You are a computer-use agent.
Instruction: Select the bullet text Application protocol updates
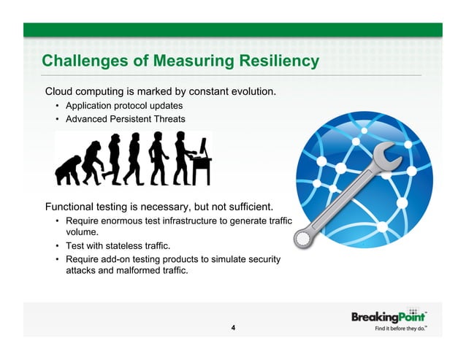coord(123,106)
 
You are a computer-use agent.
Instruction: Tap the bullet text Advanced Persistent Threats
coord(125,118)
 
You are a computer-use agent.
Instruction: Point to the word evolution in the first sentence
coord(251,92)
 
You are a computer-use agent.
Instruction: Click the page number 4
coord(232,327)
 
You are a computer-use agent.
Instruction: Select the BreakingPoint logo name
coord(387,317)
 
